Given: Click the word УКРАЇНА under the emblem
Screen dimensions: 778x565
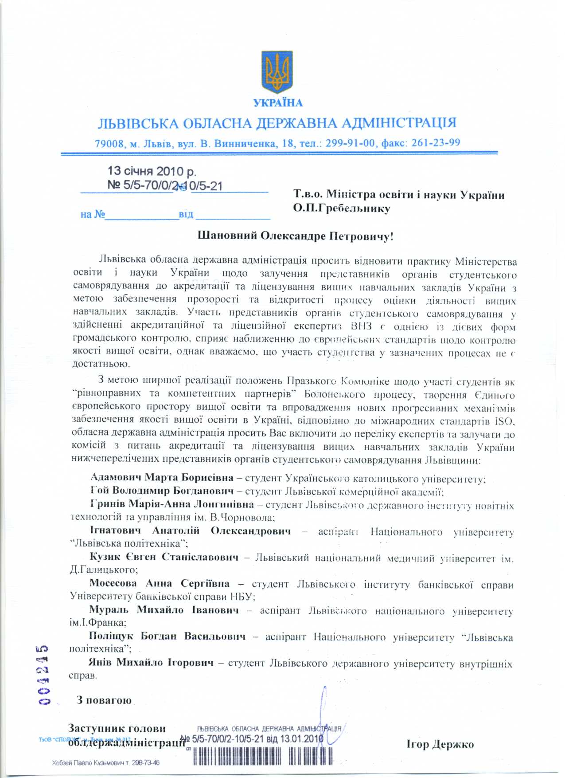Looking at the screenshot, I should click(278, 103).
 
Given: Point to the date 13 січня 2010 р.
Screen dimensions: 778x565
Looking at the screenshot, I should click(152, 171).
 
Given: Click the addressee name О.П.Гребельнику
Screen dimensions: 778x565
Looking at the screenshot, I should click(341, 208).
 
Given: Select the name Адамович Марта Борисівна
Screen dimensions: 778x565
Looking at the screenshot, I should click(162, 478).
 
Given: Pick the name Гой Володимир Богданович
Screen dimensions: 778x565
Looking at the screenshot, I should click(162, 491).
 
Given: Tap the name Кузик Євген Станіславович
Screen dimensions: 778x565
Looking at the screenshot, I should click(164, 557).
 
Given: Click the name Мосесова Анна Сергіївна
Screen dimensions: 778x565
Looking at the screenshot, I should click(160, 584).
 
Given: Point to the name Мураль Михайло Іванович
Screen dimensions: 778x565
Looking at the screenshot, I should click(164, 610).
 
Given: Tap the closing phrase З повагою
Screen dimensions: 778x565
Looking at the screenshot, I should click(104, 700).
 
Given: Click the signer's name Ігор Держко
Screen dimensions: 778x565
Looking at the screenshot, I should click(440, 744).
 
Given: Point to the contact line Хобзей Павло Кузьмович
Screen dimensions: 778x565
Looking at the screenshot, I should click(105, 763).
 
